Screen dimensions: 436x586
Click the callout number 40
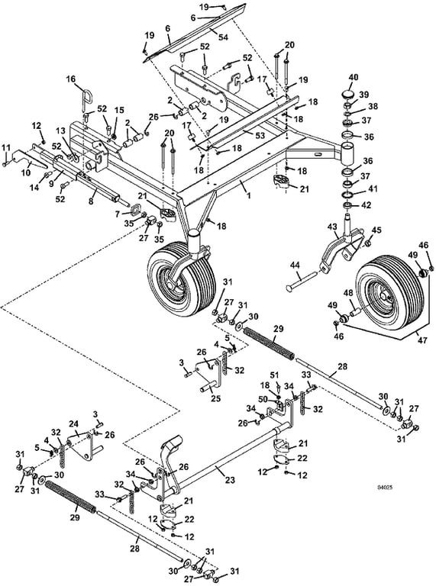[x=354, y=77]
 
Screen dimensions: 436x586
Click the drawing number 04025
[x=385, y=487]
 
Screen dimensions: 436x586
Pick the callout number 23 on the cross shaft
[x=230, y=480]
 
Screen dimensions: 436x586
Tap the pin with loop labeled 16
[x=84, y=97]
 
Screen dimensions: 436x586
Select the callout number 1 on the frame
[x=249, y=195]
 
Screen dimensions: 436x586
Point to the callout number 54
[x=223, y=37]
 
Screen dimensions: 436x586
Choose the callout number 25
[x=215, y=398]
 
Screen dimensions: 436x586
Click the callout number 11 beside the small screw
[x=5, y=147]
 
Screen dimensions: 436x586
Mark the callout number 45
[x=376, y=230]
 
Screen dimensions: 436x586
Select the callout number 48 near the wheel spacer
[x=348, y=294]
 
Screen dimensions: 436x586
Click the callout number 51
[x=274, y=375]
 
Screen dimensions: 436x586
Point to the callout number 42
[x=367, y=205]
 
